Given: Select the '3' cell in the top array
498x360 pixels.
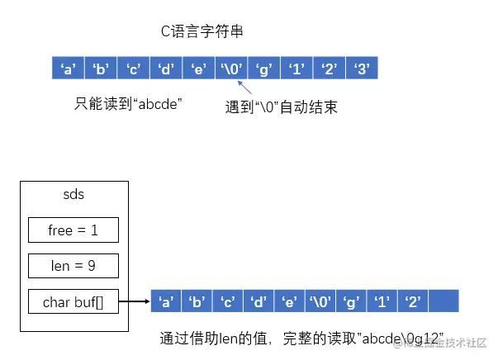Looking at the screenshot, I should [x=361, y=69].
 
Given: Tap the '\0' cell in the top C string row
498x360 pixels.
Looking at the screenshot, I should [x=230, y=69].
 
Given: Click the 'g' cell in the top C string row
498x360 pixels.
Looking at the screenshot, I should [x=263, y=69].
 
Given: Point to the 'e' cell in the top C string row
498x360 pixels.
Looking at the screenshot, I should [x=198, y=69].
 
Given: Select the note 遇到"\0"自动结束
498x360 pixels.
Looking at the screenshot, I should [x=281, y=107].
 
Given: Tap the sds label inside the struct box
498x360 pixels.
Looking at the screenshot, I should [x=74, y=195].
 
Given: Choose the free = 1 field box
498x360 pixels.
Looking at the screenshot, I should [x=74, y=230].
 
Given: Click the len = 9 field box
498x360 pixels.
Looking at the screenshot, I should [x=74, y=266].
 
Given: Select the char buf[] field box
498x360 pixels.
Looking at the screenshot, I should [x=74, y=302].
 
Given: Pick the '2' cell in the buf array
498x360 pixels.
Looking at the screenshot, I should [x=411, y=301].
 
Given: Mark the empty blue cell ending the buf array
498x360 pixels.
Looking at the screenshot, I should [x=443, y=301].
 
